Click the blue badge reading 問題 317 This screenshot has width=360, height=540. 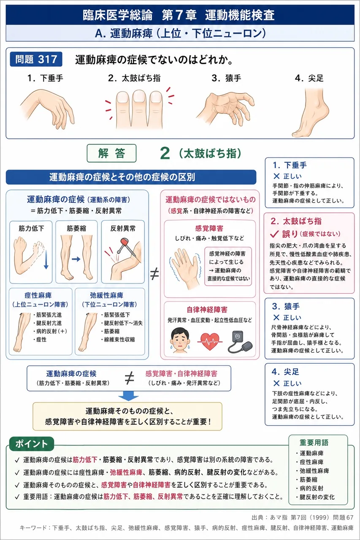[x=36, y=59]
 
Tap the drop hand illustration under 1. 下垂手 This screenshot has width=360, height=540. [x=48, y=109]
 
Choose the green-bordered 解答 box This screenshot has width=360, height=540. [x=111, y=153]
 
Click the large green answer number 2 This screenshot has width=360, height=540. [x=165, y=153]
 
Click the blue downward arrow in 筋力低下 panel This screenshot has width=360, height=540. [x=46, y=260]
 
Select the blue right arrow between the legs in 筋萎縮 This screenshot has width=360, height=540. [x=76, y=259]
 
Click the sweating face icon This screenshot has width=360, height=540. [x=180, y=340]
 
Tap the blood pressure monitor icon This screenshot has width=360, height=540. [x=240, y=342]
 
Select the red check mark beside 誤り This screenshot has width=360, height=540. [x=274, y=234]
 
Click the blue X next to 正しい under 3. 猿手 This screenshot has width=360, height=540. [x=276, y=318]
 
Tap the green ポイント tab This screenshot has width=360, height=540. [x=32, y=444]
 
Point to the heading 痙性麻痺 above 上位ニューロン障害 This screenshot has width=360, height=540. [x=38, y=295]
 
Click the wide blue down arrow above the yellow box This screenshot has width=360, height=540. [x=129, y=396]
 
